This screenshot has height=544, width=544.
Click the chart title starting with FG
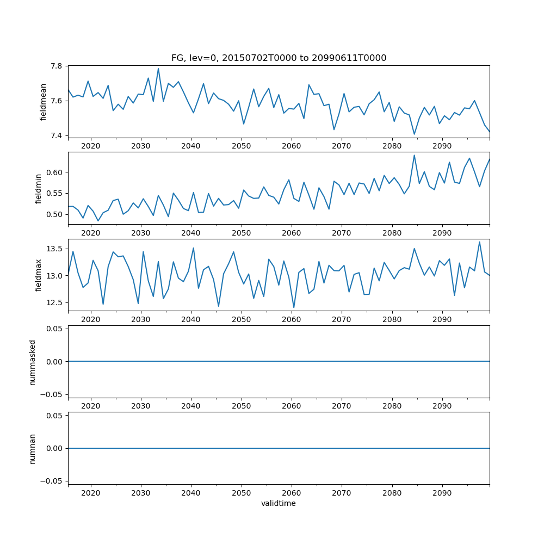click(x=279, y=58)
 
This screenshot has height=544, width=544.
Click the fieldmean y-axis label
click(x=43, y=102)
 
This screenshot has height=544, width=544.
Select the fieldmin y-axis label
click(x=39, y=189)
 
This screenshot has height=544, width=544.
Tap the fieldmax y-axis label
click(x=39, y=275)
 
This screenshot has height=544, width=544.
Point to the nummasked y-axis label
click(x=33, y=362)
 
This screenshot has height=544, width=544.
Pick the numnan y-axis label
click(x=33, y=448)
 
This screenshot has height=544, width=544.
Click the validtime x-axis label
click(x=279, y=504)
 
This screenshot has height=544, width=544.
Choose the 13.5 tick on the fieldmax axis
click(x=55, y=249)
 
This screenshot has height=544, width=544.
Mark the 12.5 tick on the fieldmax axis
click(x=55, y=302)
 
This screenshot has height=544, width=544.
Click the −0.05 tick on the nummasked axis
click(x=53, y=394)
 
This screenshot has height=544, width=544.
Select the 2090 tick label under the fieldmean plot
click(x=442, y=146)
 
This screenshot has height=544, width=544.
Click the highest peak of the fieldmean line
click(x=158, y=69)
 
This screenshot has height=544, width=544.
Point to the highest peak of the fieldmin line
click(x=414, y=155)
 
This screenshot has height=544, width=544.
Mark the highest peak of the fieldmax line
click(x=479, y=242)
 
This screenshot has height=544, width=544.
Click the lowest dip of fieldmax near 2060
click(x=294, y=308)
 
